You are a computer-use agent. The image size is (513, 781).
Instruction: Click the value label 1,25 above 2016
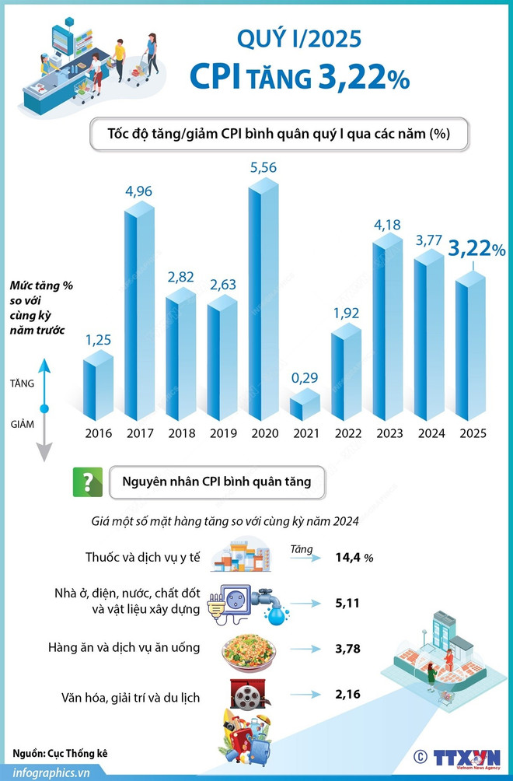coord(99,340)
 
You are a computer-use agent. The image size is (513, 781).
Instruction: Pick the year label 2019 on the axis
coord(222,433)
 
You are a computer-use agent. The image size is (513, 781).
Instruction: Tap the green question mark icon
coord(87,482)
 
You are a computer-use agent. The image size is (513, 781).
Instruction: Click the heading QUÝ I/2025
coord(298,37)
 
